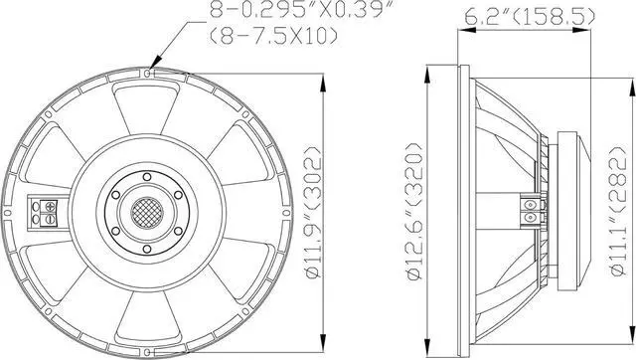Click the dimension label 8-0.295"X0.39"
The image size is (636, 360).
(x=302, y=9)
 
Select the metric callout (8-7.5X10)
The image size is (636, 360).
(x=273, y=36)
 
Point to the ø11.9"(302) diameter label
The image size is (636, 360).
(x=313, y=212)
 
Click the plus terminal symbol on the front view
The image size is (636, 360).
(x=51, y=206)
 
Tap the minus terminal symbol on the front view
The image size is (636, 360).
(x=51, y=220)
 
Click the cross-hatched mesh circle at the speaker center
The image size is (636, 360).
(x=147, y=212)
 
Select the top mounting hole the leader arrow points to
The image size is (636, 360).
(x=148, y=73)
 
